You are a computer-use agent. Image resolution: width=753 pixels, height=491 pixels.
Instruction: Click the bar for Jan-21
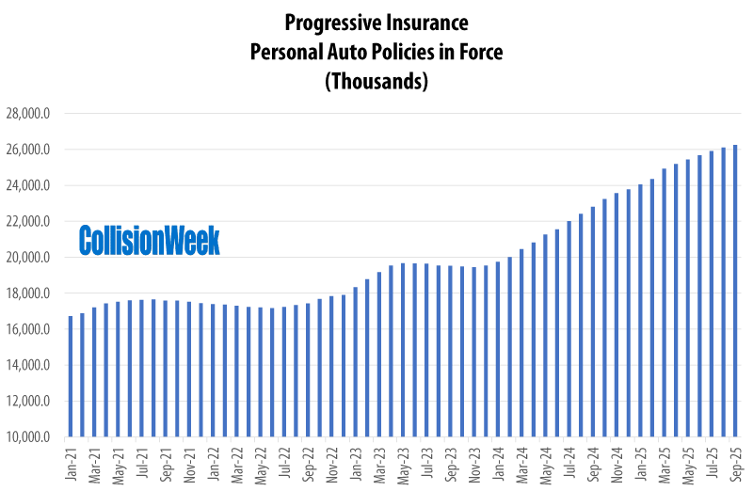click(x=71, y=376)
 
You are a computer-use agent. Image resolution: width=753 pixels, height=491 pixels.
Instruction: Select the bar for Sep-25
click(x=734, y=292)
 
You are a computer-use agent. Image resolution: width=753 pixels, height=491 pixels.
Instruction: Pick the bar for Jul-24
click(x=569, y=329)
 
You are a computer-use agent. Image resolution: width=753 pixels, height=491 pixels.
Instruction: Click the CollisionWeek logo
click(x=149, y=241)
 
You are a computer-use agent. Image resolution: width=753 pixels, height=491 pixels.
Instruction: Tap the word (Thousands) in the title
click(x=376, y=82)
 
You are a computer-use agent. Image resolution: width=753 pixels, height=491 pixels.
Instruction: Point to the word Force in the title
click(x=479, y=52)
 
